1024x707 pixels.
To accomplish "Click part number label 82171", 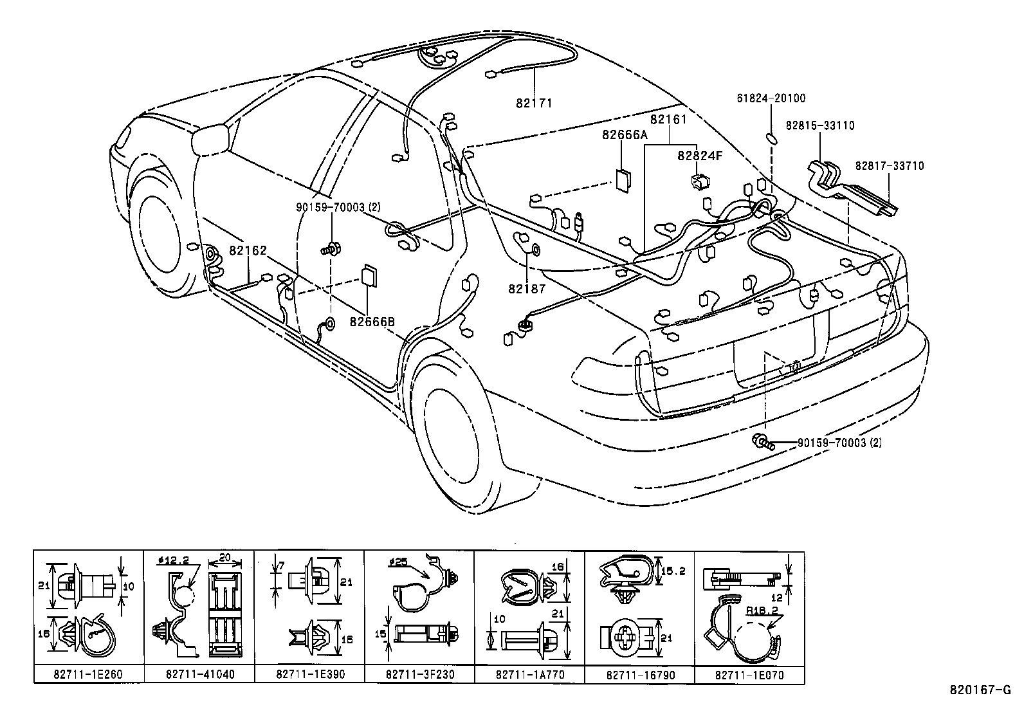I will [x=534, y=103].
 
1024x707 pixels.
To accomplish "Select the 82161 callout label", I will [x=668, y=120].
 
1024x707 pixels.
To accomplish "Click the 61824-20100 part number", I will [x=771, y=98].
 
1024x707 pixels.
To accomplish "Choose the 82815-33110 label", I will [x=820, y=125].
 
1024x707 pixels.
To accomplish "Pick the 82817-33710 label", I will [x=889, y=166].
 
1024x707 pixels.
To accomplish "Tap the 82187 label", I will [x=526, y=289].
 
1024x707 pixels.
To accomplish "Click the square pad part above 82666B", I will [x=369, y=275].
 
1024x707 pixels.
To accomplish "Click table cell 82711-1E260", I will [x=89, y=674].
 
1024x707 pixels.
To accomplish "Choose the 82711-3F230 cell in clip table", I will [x=419, y=674].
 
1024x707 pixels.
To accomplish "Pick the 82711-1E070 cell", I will [x=749, y=674].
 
